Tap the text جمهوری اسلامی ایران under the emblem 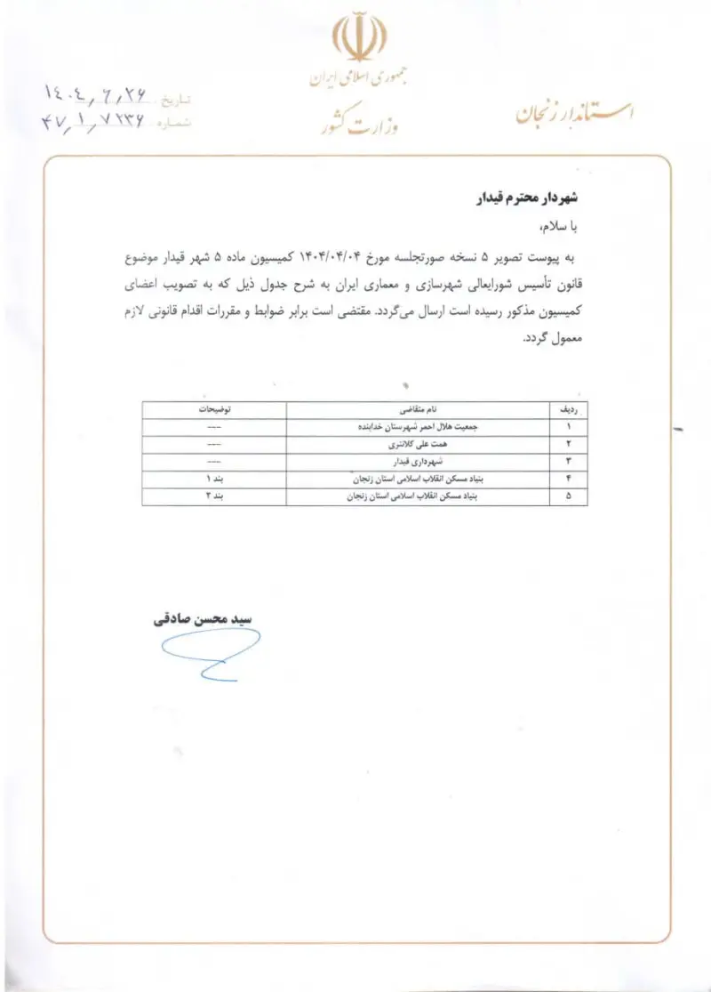[x=359, y=79]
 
